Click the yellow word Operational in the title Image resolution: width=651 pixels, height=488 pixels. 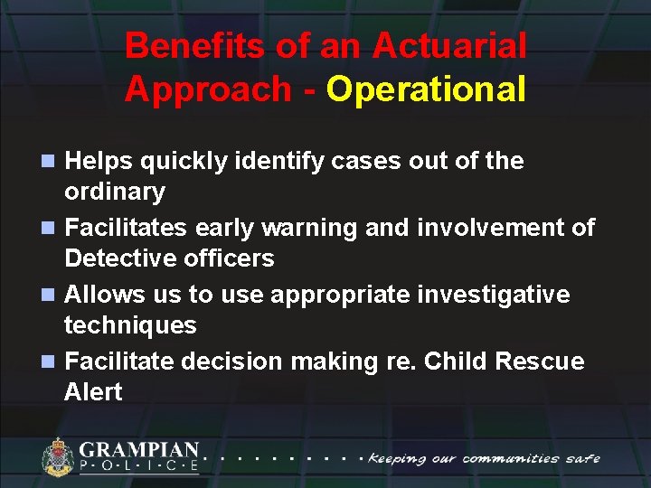click(x=426, y=89)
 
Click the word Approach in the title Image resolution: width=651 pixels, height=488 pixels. click(x=209, y=89)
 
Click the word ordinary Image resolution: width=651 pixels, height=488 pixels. click(x=115, y=192)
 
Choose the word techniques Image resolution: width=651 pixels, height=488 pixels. click(x=130, y=325)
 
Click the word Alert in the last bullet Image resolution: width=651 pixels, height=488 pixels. click(x=93, y=392)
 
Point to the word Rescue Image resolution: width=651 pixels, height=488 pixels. click(x=539, y=361)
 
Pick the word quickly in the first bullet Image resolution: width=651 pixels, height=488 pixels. click(x=161, y=162)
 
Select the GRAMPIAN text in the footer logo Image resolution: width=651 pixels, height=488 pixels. click(x=139, y=449)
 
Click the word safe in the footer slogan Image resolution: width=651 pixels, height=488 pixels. click(x=581, y=457)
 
